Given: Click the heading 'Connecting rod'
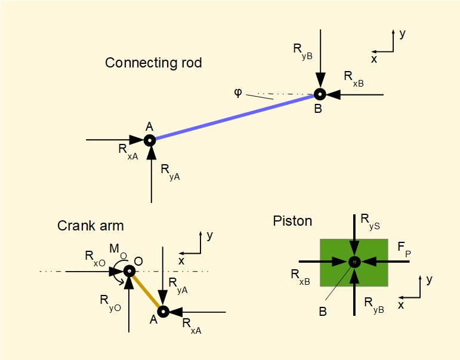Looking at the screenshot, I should click(x=153, y=63).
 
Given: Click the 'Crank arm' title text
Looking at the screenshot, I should click(x=91, y=226).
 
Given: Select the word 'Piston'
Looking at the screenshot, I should click(x=292, y=221).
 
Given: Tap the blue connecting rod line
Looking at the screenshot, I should click(x=233, y=117).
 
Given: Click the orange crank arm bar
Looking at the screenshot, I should click(x=146, y=291).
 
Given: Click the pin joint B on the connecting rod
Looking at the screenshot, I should click(x=320, y=94).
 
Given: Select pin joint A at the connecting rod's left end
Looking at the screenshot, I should click(x=149, y=140).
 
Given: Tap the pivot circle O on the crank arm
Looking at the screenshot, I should click(x=129, y=271).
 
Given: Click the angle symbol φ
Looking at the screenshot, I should click(x=238, y=93).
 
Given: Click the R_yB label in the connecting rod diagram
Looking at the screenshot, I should click(x=302, y=51).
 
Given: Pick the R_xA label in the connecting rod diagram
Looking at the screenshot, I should click(x=128, y=152).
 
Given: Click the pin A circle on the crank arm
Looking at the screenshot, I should click(x=163, y=311).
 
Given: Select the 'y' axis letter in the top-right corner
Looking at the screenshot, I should click(x=403, y=34).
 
